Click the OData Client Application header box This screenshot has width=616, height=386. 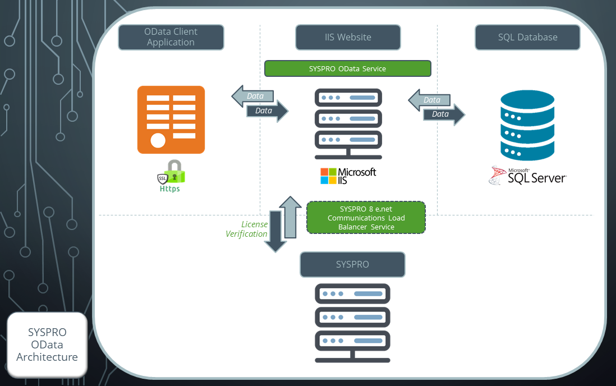[x=171, y=37]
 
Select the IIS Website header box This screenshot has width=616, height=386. [x=348, y=37]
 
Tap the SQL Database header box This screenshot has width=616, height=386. [x=527, y=37]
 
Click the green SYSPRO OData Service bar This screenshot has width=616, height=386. [x=347, y=68]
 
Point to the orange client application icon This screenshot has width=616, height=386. [x=171, y=120]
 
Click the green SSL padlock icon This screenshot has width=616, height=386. [x=172, y=173]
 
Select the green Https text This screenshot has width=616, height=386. [x=169, y=189]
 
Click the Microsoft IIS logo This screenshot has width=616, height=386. [x=348, y=176]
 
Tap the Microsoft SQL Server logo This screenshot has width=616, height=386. [x=527, y=175]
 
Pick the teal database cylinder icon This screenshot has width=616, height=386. [x=527, y=126]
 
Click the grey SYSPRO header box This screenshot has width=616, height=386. [x=352, y=264]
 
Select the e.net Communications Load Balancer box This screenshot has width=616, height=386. [x=366, y=218]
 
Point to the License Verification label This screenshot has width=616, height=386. [x=246, y=229]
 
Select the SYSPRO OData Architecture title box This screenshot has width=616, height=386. [x=47, y=344]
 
